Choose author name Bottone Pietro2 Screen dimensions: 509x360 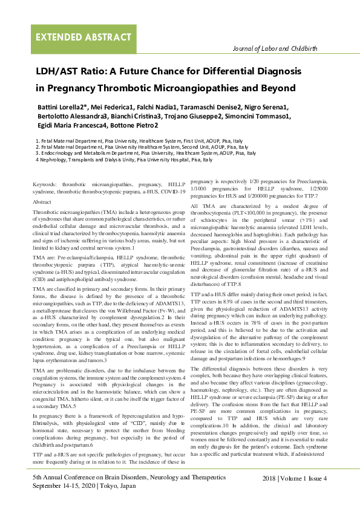(138, 126)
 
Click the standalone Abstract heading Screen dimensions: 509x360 (42, 201)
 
